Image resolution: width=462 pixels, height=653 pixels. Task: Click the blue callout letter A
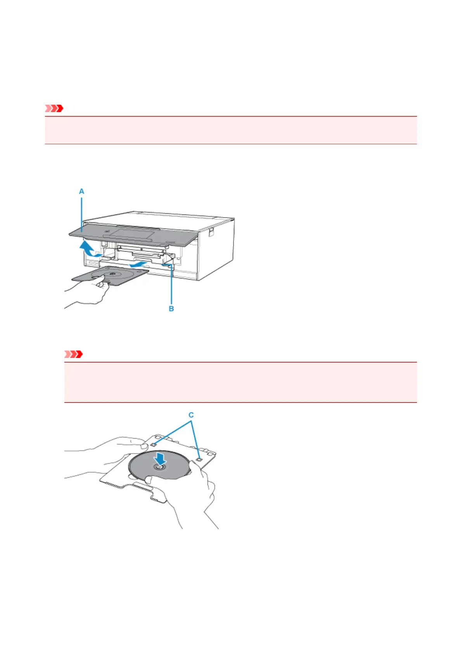(81, 192)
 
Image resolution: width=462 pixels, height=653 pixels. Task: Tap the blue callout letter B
(171, 309)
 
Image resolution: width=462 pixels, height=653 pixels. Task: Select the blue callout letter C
(191, 415)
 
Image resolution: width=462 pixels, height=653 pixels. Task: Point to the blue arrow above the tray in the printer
(138, 264)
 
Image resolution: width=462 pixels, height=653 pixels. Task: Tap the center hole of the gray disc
(159, 467)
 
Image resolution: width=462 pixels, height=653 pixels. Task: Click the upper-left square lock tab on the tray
(154, 444)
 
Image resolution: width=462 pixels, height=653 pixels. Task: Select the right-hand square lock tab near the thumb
(199, 459)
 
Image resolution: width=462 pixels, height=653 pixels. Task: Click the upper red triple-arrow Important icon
(54, 109)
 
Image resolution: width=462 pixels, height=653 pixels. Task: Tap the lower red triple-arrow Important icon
(73, 354)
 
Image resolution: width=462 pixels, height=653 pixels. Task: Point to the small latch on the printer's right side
(211, 231)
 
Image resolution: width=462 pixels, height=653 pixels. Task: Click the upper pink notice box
(231, 130)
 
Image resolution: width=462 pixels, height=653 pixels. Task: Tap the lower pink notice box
(240, 382)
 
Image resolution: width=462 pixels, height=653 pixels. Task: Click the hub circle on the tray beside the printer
(112, 274)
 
